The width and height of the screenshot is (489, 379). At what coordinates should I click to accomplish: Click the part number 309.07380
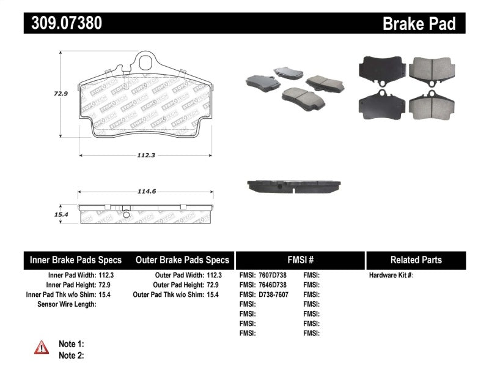[63, 23]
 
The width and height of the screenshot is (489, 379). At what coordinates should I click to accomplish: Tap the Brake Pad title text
[419, 24]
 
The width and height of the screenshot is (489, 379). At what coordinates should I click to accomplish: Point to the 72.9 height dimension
[59, 94]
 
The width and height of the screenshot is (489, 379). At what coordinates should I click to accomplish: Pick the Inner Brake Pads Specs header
[76, 260]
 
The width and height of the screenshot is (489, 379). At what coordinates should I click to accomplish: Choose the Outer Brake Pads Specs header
[183, 260]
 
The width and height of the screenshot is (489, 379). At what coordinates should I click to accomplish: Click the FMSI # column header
[300, 260]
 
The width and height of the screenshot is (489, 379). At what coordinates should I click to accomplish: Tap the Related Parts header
[416, 260]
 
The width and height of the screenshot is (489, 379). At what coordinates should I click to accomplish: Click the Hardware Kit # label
[391, 276]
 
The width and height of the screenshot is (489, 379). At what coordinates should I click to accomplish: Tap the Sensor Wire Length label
[67, 304]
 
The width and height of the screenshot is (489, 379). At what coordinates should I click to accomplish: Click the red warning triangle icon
[42, 348]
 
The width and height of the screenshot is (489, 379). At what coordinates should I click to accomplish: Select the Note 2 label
[71, 355]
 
